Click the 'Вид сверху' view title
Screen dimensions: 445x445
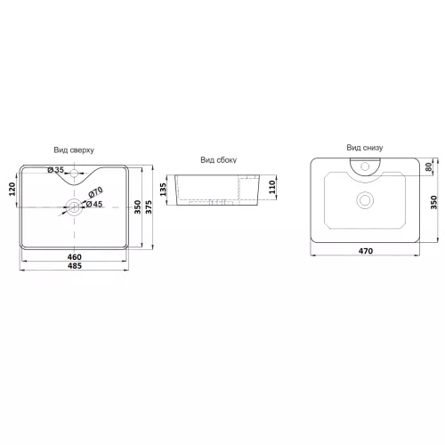74,150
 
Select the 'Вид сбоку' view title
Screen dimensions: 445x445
218,160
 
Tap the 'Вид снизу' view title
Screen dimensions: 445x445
365,148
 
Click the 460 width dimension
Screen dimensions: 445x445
75,257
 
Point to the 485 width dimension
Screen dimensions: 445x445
75,266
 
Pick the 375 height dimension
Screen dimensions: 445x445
149,207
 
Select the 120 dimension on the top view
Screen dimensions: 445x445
12,189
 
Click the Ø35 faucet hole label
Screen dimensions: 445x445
56,170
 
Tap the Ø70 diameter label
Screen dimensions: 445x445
95,192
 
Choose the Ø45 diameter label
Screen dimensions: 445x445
94,204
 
